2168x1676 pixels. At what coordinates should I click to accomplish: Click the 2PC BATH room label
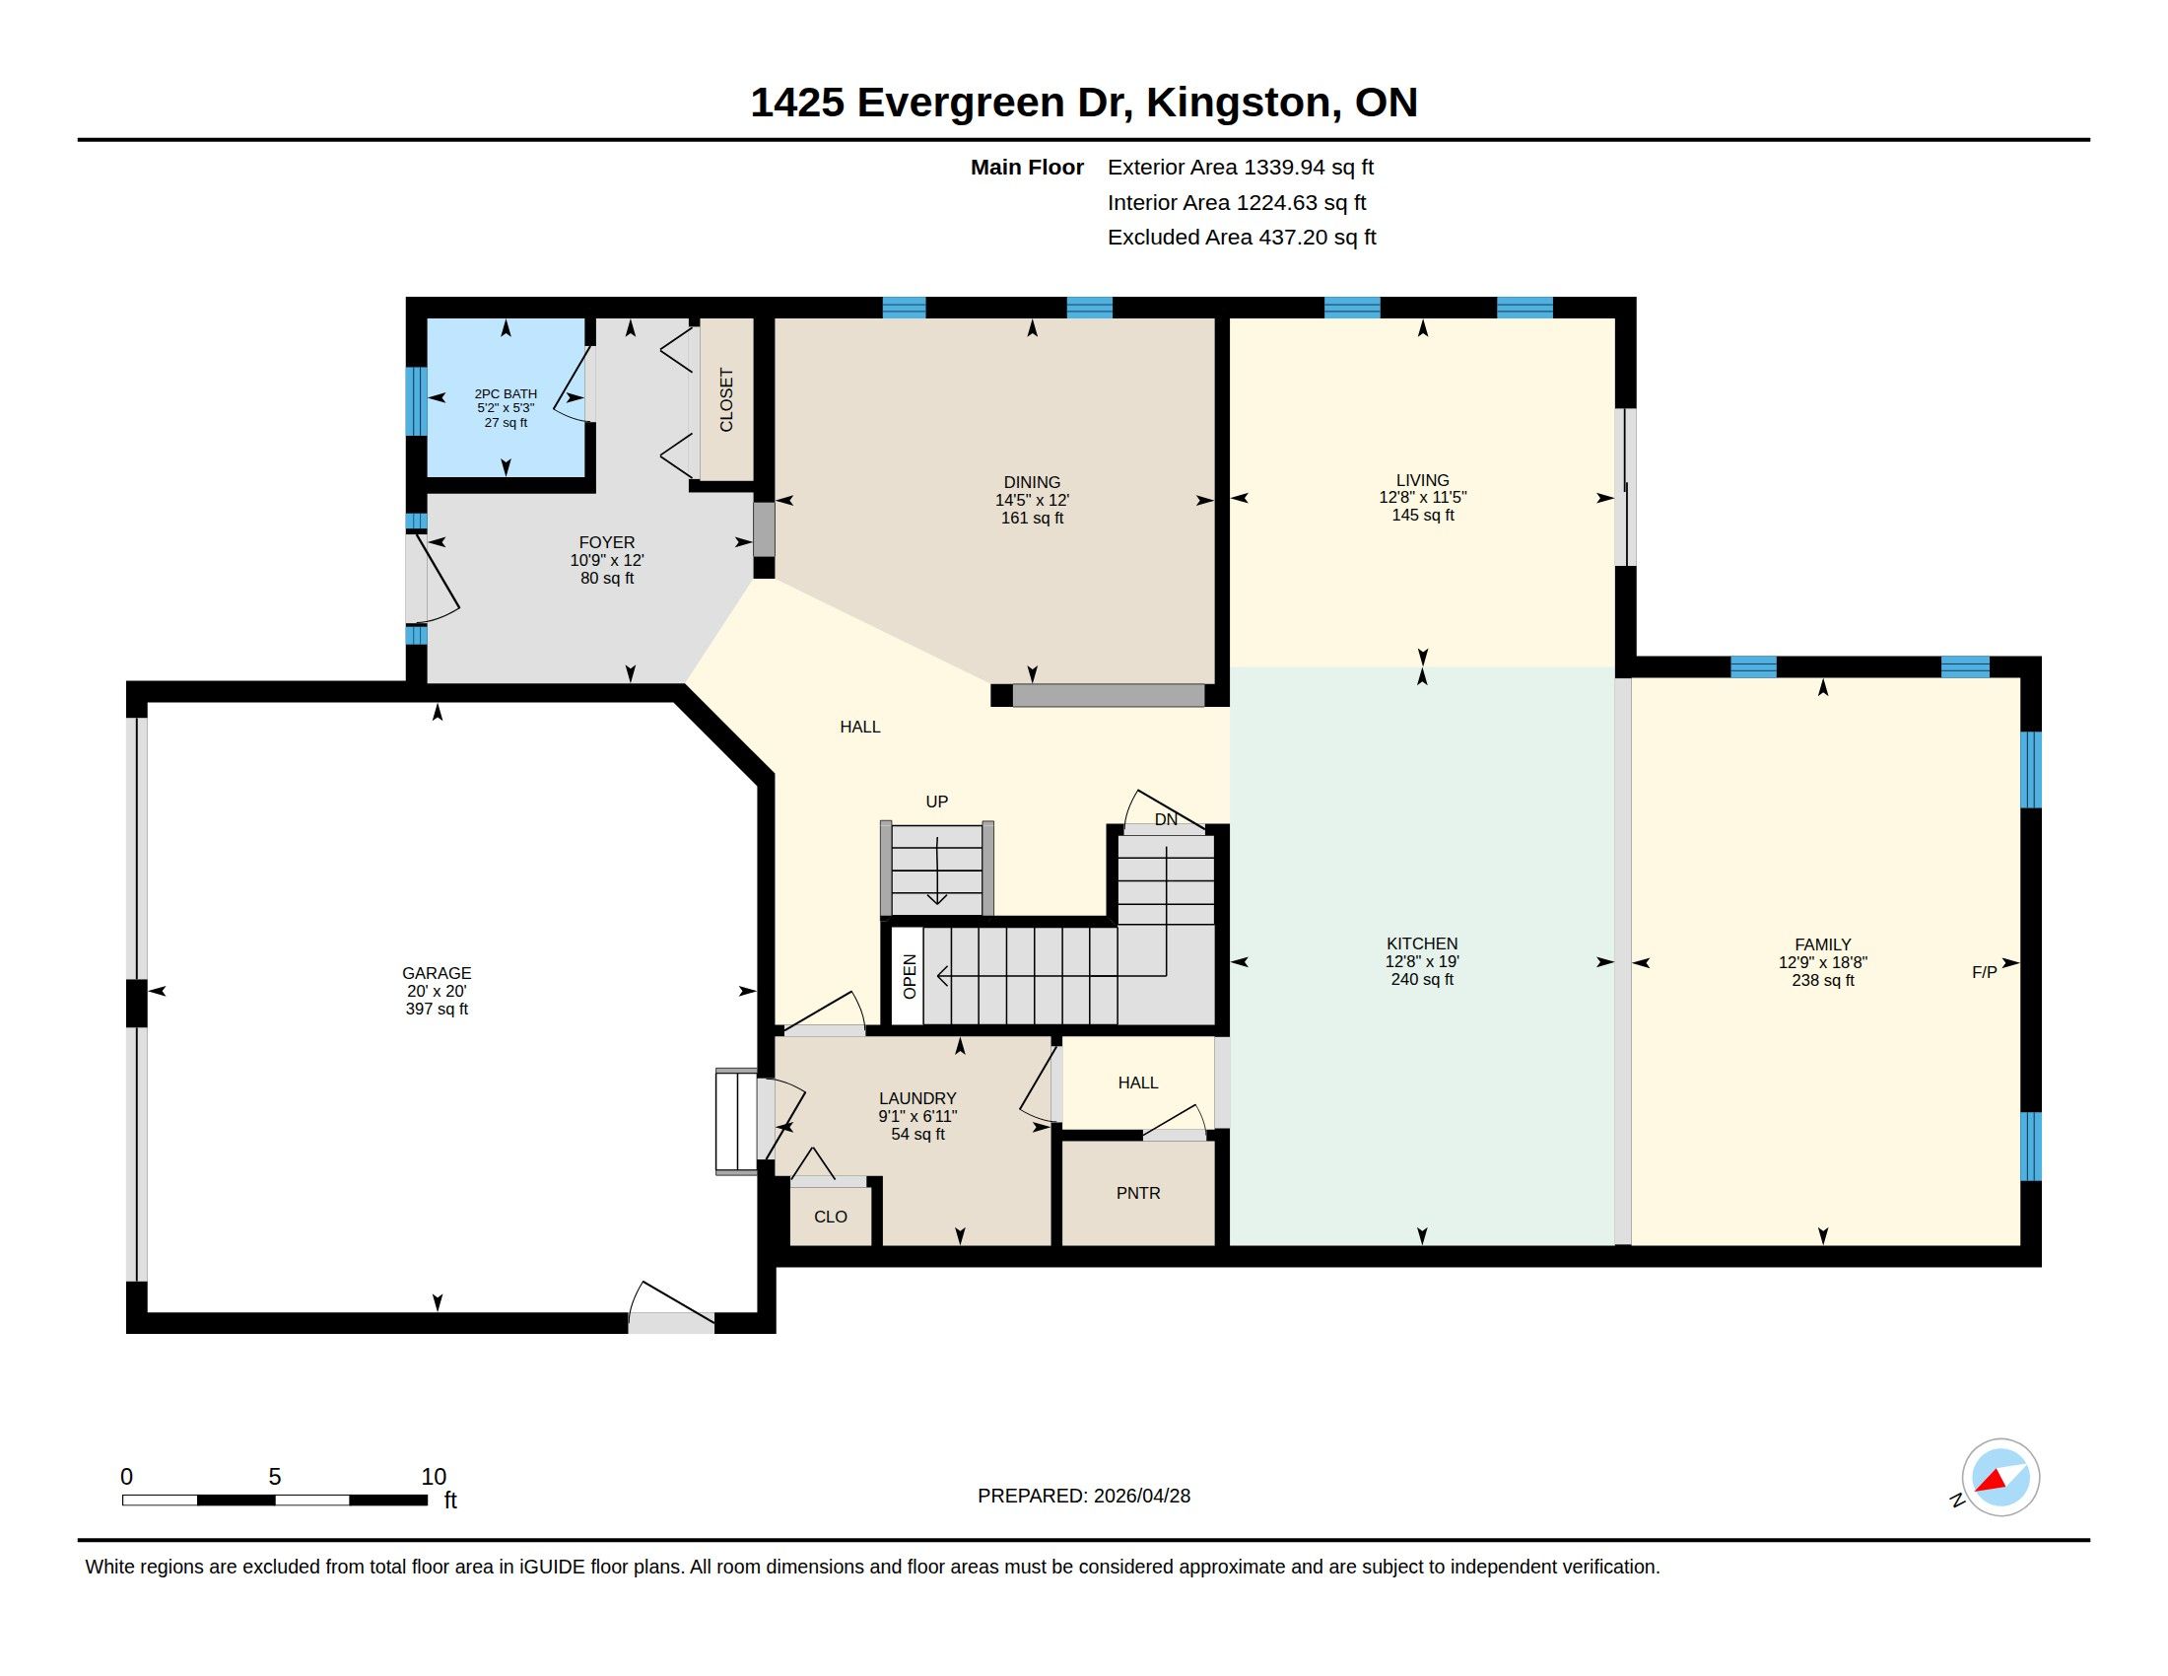tap(506, 394)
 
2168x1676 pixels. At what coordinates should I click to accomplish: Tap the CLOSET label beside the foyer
tap(725, 400)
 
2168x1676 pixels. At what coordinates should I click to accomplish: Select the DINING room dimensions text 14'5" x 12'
tap(1033, 501)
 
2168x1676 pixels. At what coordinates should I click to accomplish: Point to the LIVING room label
tap(1422, 479)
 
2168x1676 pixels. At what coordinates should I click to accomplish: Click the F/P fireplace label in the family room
tap(1985, 973)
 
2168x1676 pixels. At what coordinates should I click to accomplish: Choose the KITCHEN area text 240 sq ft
tap(1422, 980)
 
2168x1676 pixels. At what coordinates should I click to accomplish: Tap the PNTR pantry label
tap(1137, 1194)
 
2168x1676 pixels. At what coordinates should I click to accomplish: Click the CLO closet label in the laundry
tap(831, 1218)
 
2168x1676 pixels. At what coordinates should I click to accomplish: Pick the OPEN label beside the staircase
tap(910, 976)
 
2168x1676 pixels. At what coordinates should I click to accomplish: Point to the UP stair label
tap(937, 802)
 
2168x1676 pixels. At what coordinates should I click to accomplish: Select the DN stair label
tap(1167, 819)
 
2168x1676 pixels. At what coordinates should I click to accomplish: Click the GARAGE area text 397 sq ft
tap(437, 1009)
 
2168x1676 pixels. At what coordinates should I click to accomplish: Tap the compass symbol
tap(2000, 1478)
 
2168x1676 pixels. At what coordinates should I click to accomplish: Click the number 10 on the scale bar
tap(434, 1477)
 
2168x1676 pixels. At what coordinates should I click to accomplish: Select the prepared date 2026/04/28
tap(1141, 1497)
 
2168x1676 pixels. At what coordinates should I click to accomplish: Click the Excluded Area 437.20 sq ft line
tap(1242, 238)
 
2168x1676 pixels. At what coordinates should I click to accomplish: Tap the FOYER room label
tap(606, 543)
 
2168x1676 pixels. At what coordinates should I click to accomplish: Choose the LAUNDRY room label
tap(917, 1098)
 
